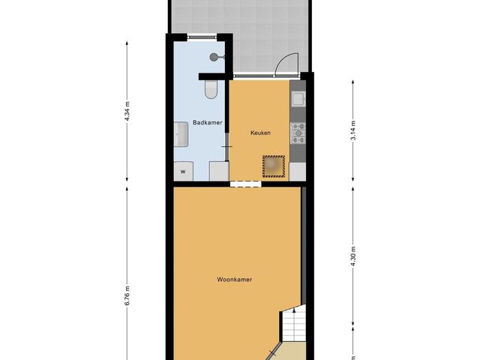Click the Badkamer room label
tap(207, 122)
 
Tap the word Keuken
tap(259, 133)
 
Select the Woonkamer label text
tap(234, 279)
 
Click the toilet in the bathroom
tap(211, 90)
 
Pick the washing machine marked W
tap(182, 172)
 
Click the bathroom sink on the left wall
tap(181, 135)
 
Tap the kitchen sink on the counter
tap(297, 98)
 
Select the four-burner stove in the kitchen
tap(298, 132)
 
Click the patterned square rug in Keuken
tap(274, 165)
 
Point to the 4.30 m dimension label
tap(353, 258)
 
